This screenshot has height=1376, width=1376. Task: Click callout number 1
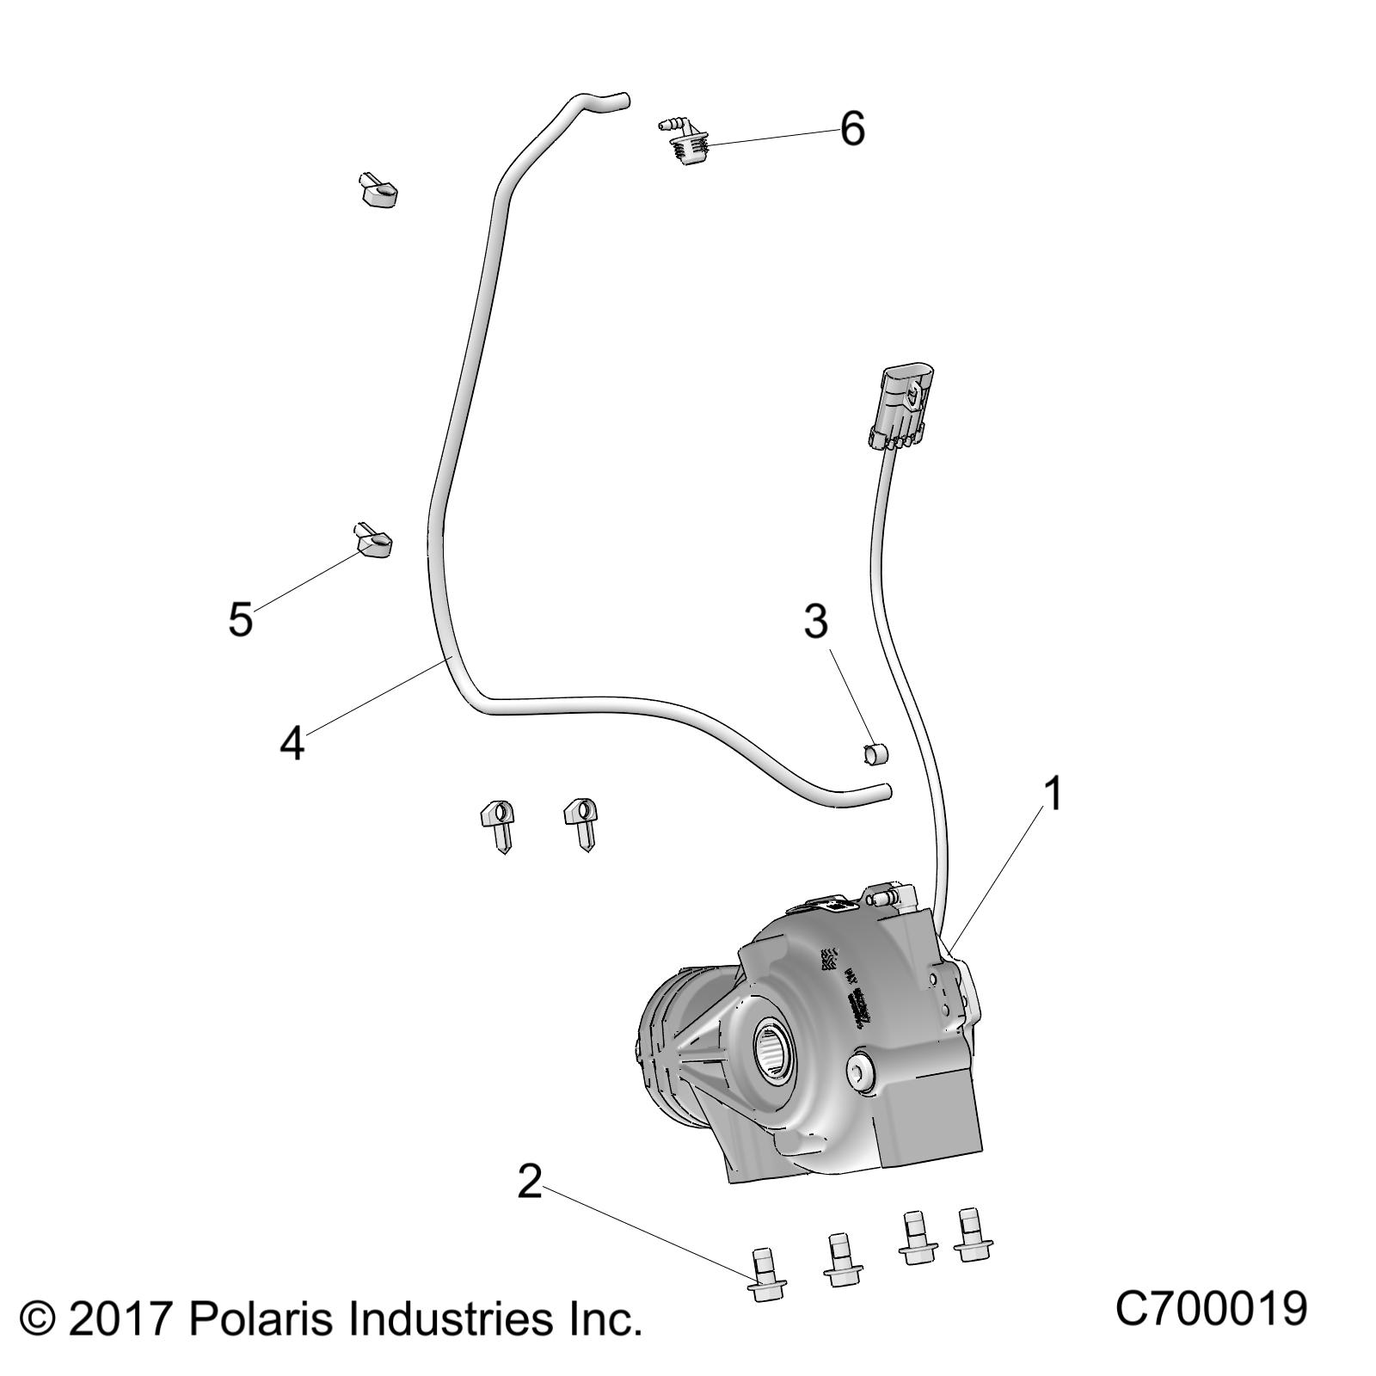click(1053, 794)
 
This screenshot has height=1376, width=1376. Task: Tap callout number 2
click(530, 1182)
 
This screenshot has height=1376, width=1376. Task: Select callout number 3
click(815, 621)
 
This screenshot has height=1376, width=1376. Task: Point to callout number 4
click(292, 742)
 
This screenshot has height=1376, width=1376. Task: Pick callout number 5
click(240, 618)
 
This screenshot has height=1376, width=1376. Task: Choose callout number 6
click(851, 129)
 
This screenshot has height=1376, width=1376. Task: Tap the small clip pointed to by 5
click(372, 540)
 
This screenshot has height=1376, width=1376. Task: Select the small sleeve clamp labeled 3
click(875, 754)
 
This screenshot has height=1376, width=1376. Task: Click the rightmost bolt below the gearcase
click(973, 1235)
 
